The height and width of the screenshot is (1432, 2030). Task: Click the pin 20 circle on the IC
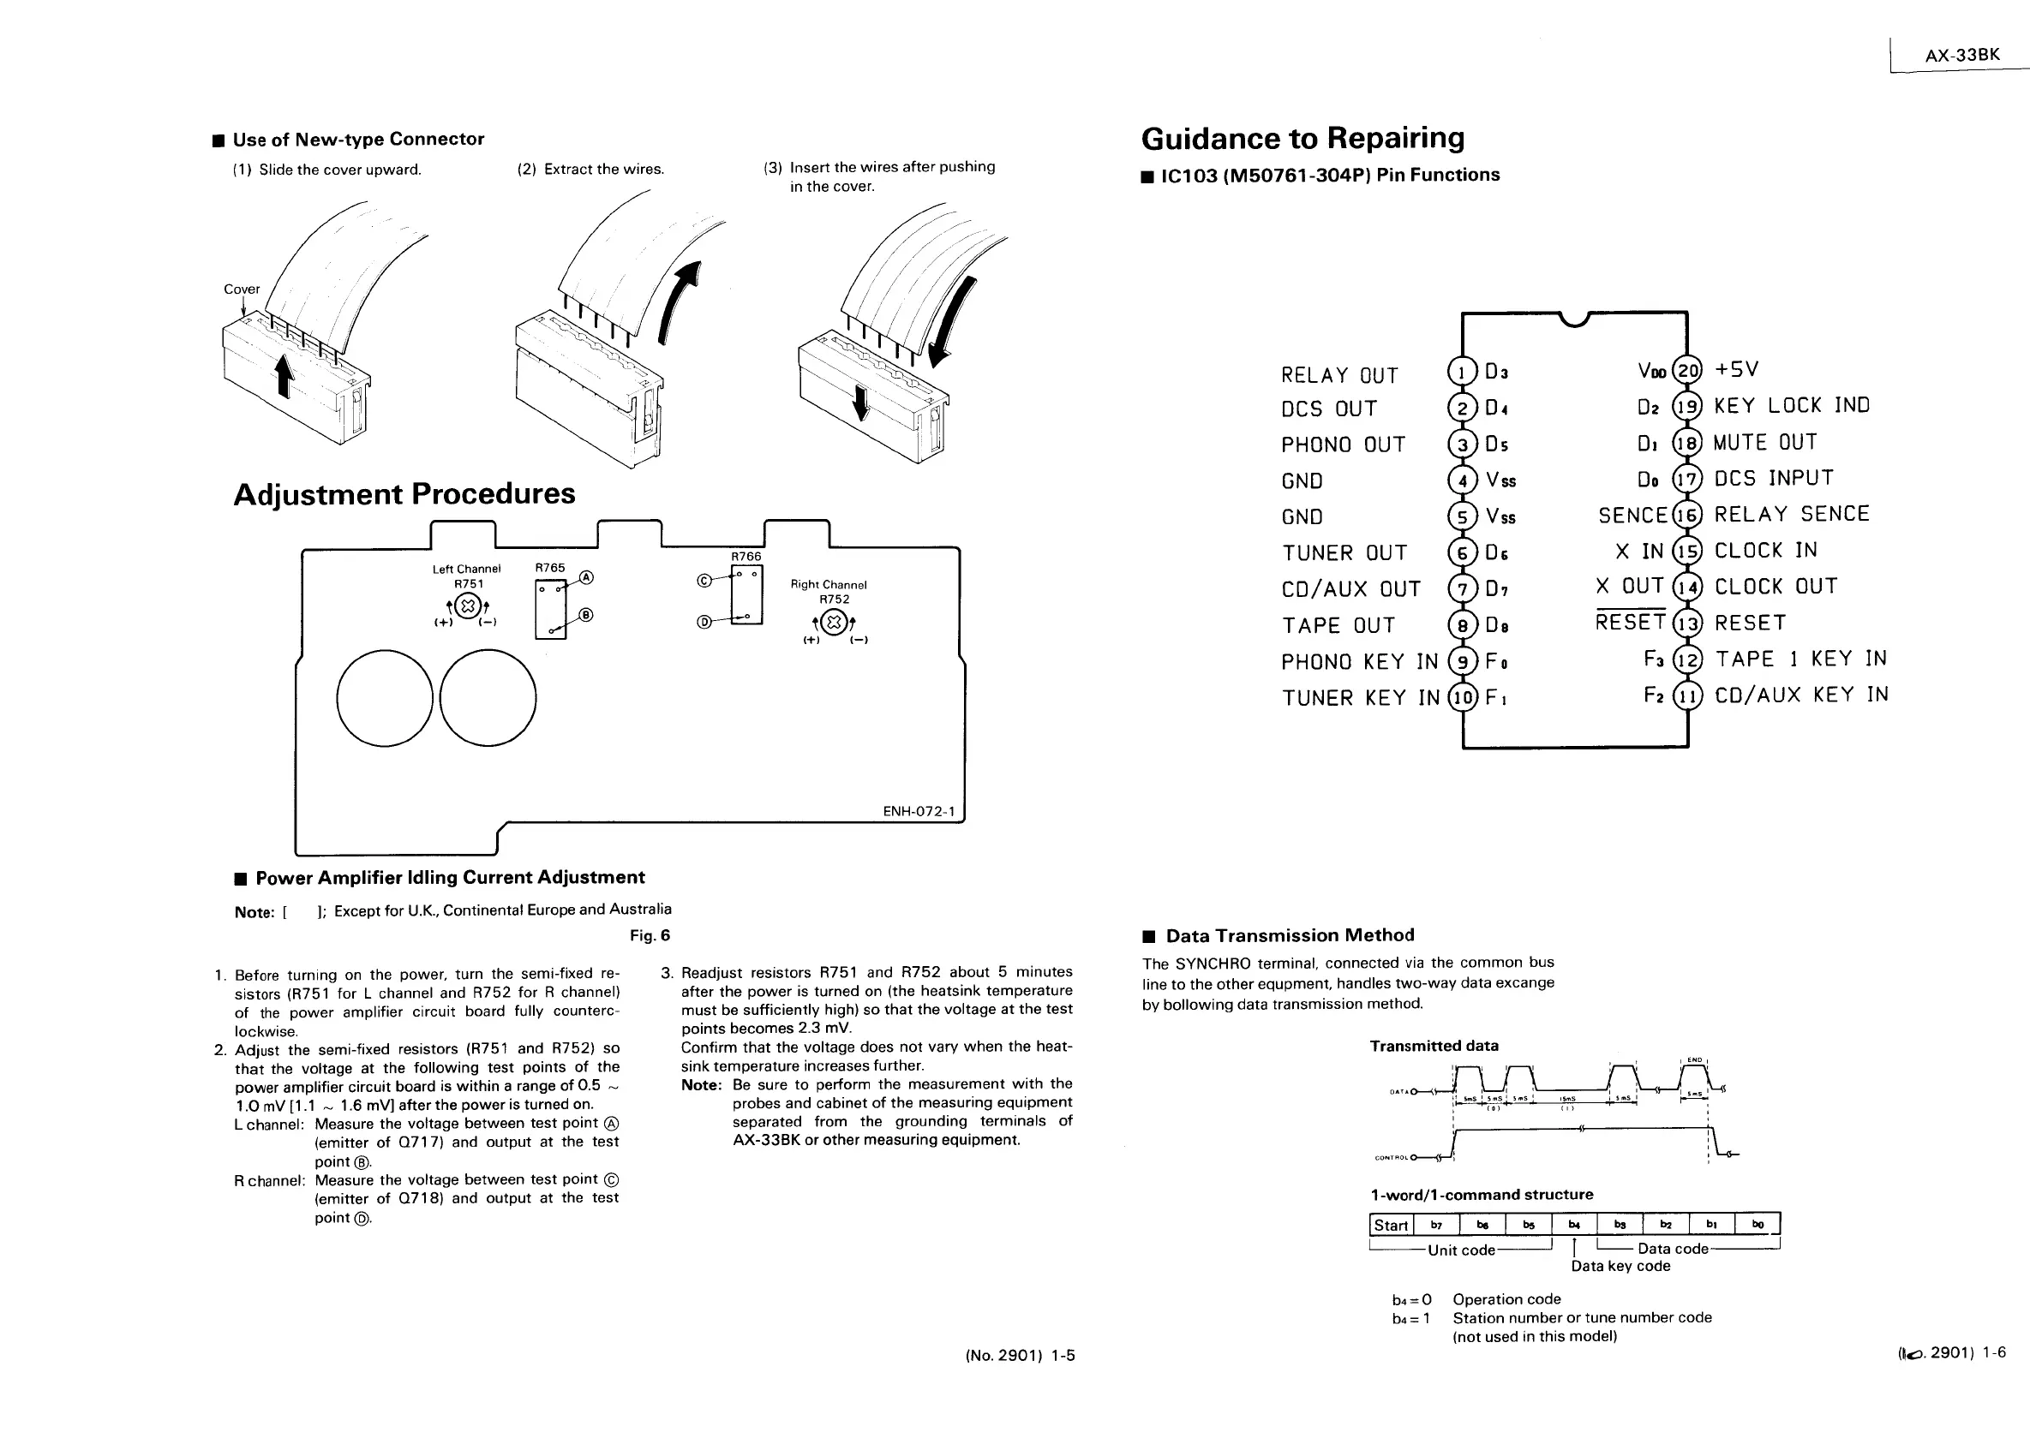click(1688, 370)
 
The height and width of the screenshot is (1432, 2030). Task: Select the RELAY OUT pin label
click(1338, 376)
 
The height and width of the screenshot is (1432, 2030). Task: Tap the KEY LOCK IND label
click(1791, 406)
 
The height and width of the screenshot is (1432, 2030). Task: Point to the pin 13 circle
click(1688, 624)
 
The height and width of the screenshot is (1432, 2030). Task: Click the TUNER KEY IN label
click(1360, 698)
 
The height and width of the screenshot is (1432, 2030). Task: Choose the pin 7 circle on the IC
click(1463, 588)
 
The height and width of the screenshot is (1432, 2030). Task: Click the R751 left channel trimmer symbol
click(469, 606)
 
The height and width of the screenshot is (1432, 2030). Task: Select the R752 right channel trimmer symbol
click(835, 621)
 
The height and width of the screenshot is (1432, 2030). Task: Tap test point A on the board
click(586, 578)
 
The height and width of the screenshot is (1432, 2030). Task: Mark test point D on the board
click(704, 622)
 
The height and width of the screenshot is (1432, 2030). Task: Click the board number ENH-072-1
click(919, 811)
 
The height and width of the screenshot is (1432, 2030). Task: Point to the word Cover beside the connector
click(242, 289)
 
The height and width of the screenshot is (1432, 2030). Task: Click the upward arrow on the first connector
click(284, 376)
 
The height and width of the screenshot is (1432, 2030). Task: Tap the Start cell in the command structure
click(1390, 1225)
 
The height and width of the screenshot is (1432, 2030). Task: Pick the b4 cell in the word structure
click(1574, 1224)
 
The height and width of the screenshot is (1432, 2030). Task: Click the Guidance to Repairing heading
click(1302, 139)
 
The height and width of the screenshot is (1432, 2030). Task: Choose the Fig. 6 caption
click(650, 935)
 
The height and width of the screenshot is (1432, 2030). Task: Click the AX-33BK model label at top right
click(1962, 55)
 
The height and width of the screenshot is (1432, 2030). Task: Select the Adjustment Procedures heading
click(404, 493)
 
